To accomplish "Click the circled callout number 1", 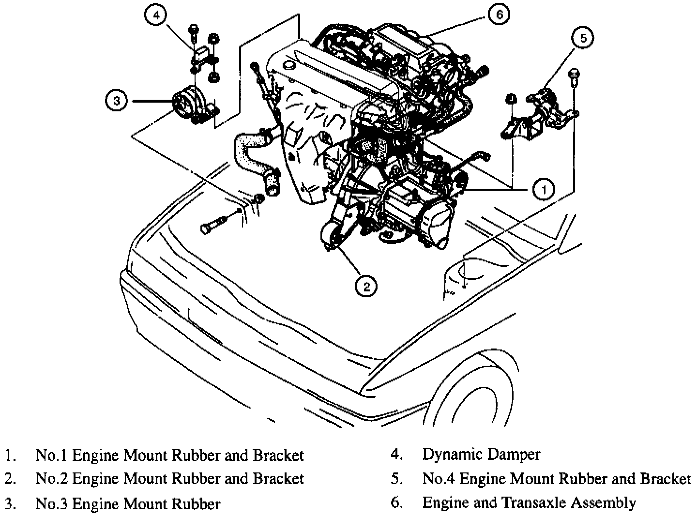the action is pos(544,189).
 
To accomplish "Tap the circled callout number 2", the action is pos(366,286).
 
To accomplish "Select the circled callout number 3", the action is pos(117,101).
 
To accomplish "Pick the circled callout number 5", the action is pos(583,38).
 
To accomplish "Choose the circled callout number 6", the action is pos(499,14).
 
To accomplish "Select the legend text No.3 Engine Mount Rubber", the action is pos(128,504).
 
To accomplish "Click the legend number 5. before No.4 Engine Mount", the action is pos(396,479).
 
